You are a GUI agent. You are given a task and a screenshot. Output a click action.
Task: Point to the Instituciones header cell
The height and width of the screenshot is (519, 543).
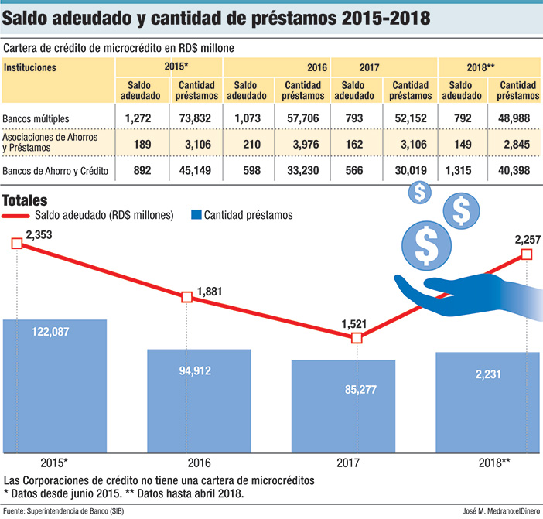coord(30,67)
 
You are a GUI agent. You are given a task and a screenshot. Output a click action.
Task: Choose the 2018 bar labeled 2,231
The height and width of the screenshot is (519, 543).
coord(487,402)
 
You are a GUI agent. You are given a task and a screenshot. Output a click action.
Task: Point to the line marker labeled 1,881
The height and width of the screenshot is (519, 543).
coord(186,297)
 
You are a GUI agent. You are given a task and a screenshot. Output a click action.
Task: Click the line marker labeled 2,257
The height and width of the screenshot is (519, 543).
coord(527,254)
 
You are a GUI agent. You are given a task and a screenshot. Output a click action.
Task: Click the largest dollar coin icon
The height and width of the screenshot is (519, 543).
coord(425,245)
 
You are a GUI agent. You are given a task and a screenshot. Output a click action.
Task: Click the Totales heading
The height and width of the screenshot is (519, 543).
coord(26,199)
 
